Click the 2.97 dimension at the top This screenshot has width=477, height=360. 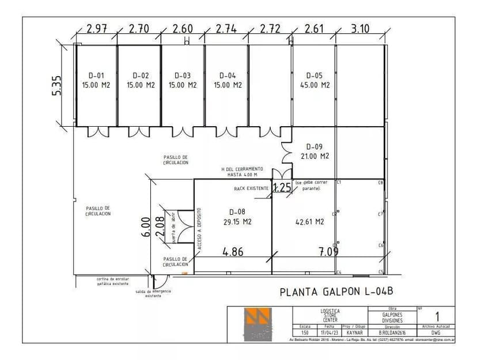click(96, 29)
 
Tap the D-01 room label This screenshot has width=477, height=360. click(96, 75)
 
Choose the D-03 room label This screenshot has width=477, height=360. click(182, 75)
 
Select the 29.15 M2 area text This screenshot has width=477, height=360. click(237, 221)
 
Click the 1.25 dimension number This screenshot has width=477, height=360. click(282, 187)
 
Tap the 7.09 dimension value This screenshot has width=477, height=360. click(328, 251)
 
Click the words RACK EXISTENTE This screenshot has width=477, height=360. click(251, 188)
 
